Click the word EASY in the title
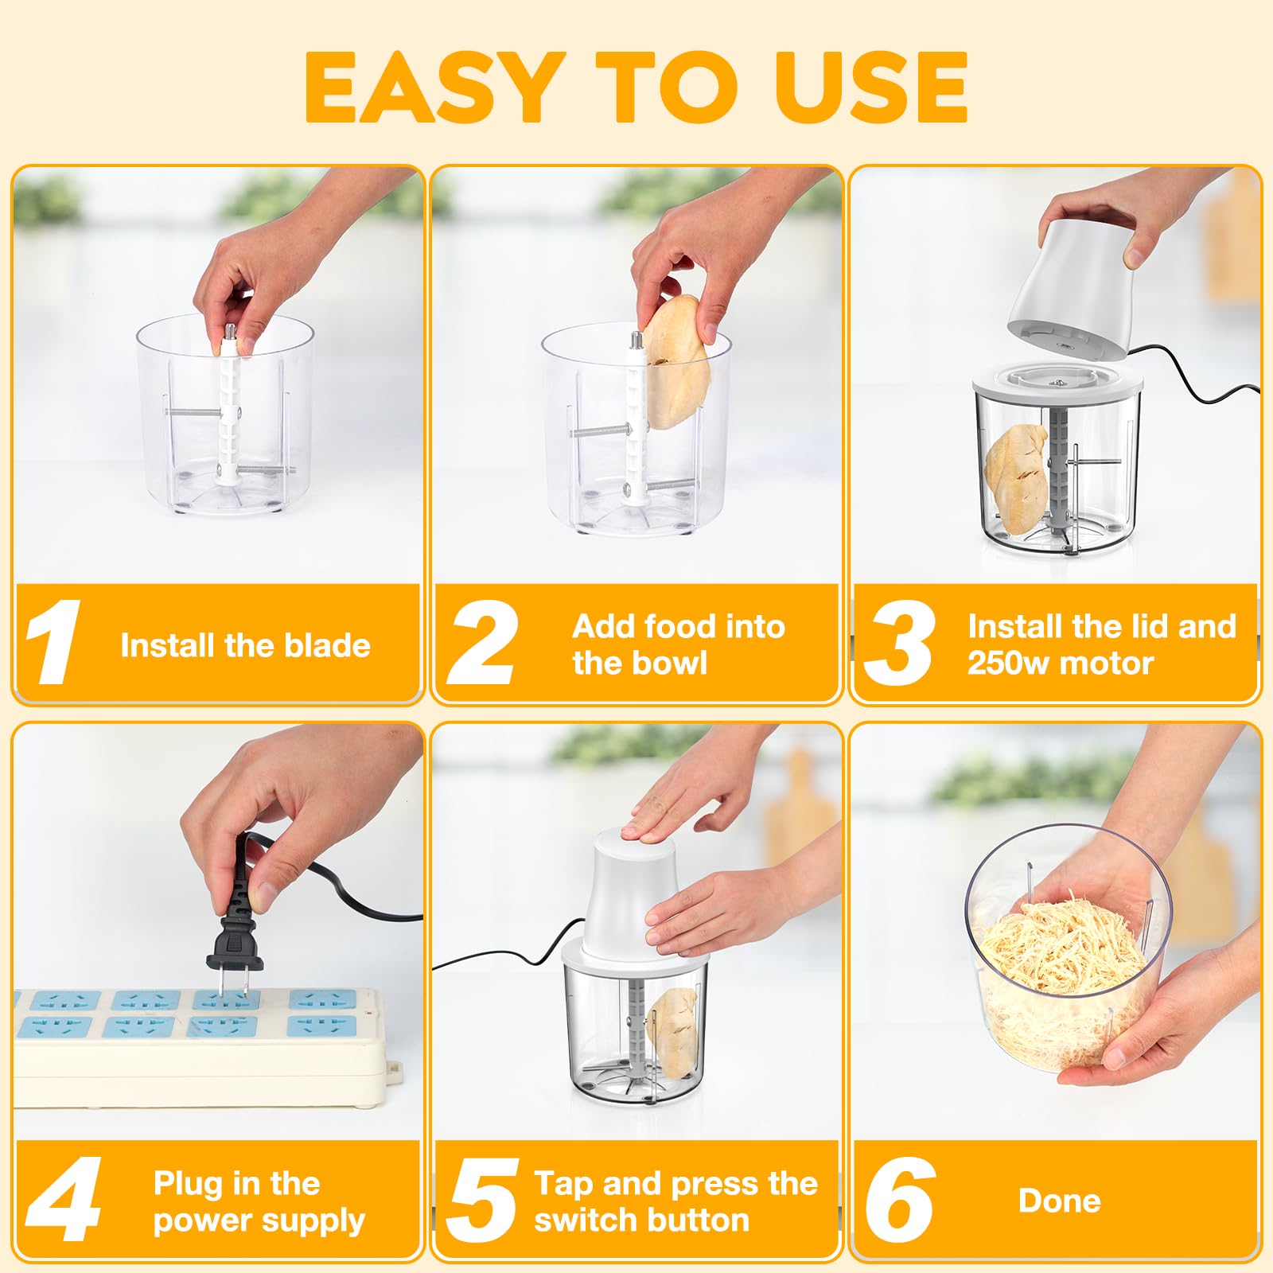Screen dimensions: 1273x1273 [x=430, y=87]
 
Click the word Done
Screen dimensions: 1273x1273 [x=1059, y=1201]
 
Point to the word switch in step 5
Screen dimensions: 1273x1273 [x=580, y=1220]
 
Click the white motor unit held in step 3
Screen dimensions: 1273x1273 [x=1069, y=287]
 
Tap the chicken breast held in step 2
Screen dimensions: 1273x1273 [x=673, y=362]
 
